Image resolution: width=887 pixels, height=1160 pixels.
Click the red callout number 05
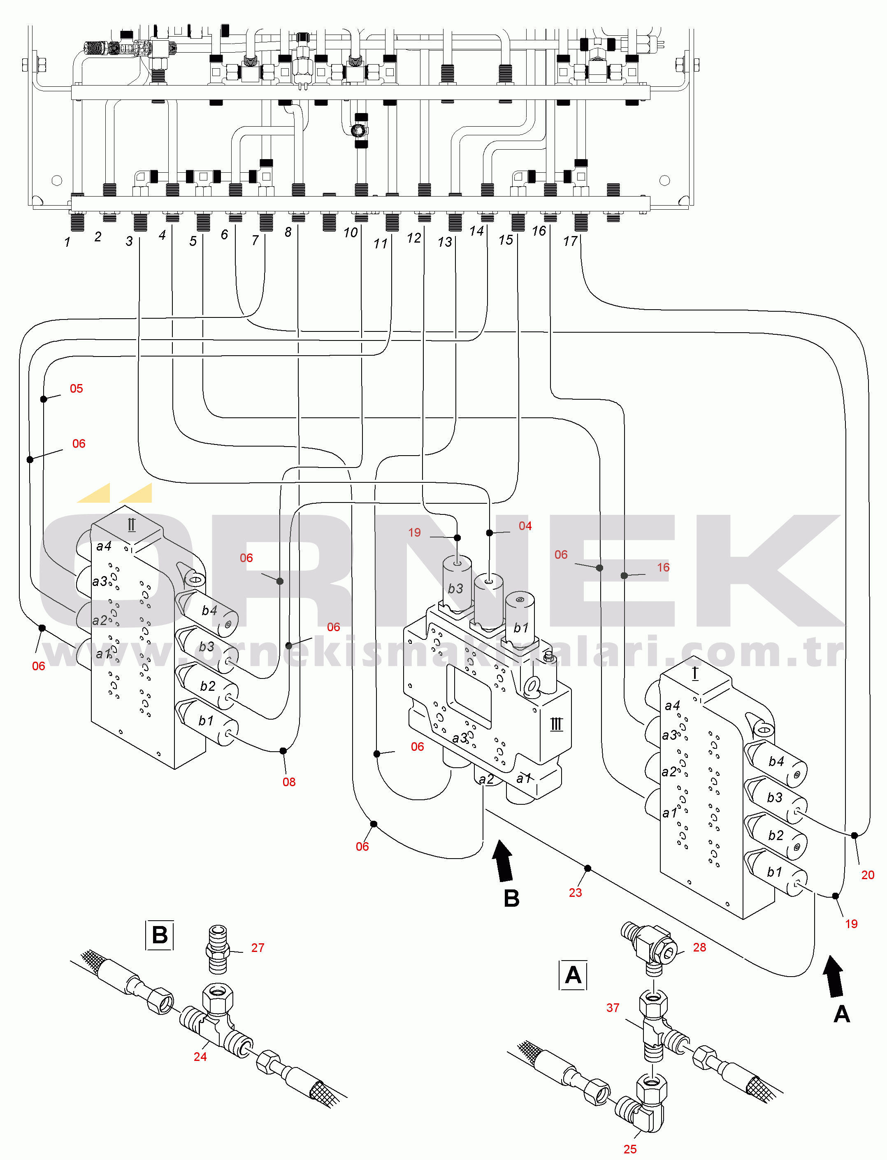coord(76,389)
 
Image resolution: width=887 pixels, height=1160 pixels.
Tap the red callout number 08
coord(289,782)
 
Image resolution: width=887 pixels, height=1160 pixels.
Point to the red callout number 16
coord(663,567)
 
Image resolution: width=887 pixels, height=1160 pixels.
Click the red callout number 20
coord(868,875)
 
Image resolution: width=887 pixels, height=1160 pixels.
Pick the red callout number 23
coord(575,892)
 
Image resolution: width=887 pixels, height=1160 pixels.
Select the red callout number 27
coord(257,948)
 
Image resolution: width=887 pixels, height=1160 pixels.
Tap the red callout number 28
coord(699,947)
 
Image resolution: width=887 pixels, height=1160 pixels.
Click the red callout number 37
coord(613,1008)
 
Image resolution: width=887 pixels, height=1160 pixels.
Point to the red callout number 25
coord(630,1149)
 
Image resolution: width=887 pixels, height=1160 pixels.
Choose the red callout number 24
coord(200,1056)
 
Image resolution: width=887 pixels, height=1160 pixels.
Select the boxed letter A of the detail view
coord(573,975)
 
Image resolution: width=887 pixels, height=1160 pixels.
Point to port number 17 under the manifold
coord(570,241)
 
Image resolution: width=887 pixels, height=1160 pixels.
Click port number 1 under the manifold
coord(67,242)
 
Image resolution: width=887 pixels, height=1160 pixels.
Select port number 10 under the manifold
coord(351,233)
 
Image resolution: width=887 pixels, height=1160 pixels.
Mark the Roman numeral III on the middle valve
coord(557,724)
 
